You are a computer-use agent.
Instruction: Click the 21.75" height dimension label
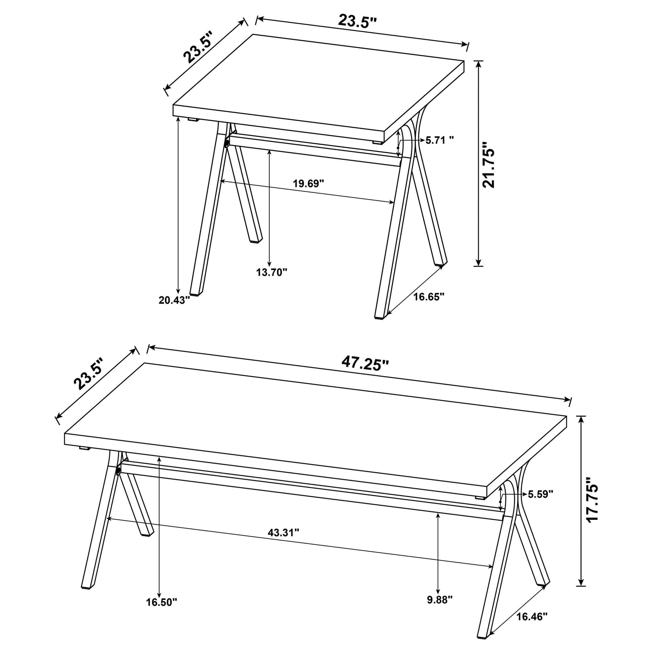click(488, 165)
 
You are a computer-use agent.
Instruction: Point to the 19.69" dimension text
click(308, 184)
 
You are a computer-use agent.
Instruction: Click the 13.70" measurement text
click(272, 272)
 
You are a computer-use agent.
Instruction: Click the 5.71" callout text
click(440, 140)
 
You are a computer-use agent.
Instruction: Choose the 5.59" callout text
click(540, 494)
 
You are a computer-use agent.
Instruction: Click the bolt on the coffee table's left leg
click(118, 471)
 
